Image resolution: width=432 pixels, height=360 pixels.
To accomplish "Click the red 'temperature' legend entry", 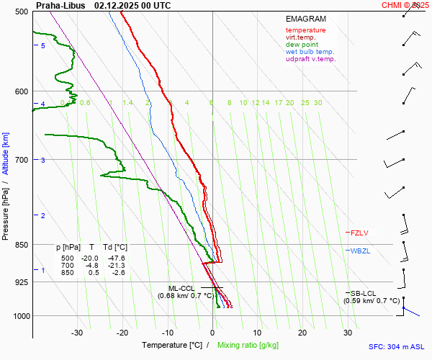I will pos(305,30).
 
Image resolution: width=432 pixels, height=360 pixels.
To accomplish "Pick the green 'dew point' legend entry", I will pos(303,45).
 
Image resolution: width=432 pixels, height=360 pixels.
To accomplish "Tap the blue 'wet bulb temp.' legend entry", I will pos(310,52).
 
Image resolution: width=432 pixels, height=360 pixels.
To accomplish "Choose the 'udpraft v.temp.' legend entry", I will pos(310,59).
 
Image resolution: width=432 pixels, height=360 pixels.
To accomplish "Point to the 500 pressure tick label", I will pos(22,12).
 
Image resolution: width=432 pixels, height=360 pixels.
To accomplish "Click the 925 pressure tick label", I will pos(22,282).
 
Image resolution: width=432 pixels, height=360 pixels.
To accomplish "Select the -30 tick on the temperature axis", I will pos(77,333).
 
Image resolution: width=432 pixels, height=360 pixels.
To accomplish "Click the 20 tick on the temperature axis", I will pos(302,333).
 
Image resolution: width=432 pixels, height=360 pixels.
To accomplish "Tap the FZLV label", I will pos(359,233).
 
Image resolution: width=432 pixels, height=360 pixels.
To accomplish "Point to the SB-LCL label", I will pos(363,293).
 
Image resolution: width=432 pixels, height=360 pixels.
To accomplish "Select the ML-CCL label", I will pos(181,288).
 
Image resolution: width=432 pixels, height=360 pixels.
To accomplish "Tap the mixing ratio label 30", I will pos(318,103).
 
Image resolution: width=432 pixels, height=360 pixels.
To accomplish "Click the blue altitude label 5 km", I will pos(42,45).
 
